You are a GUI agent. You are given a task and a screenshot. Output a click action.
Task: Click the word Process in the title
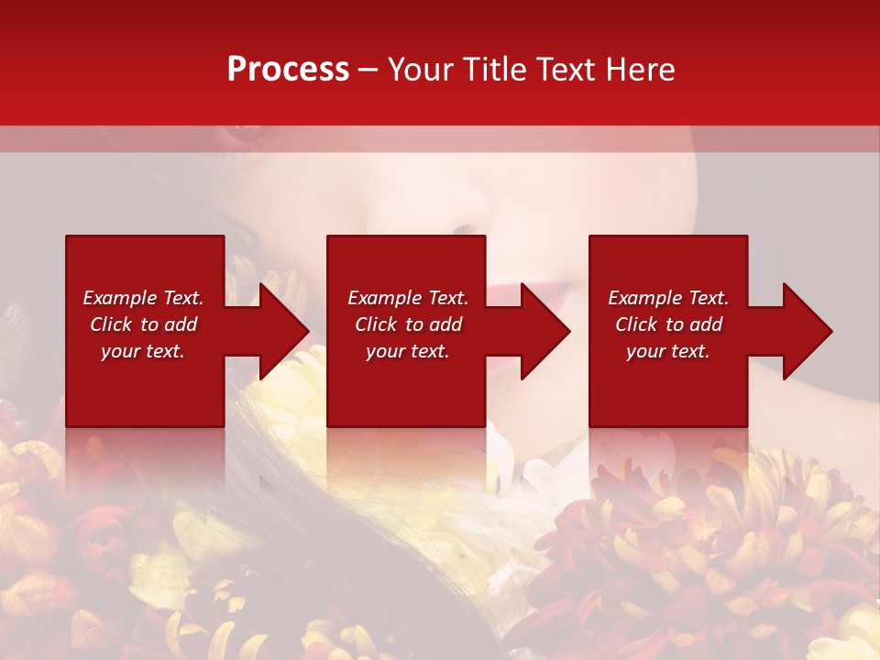(x=288, y=70)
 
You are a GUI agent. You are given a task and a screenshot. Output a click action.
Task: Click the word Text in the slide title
(x=563, y=70)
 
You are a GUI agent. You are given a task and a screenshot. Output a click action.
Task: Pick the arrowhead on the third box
(x=806, y=331)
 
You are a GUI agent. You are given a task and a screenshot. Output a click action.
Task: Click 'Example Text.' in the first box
(x=143, y=298)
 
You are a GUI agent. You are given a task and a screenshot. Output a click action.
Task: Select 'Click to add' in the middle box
(x=409, y=324)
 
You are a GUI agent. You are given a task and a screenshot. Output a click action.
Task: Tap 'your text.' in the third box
(x=667, y=351)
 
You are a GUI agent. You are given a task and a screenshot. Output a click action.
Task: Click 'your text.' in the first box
(x=143, y=351)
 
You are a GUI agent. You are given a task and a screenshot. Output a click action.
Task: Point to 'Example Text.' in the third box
(x=668, y=298)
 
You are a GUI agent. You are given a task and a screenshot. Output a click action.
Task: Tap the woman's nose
(x=458, y=220)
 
